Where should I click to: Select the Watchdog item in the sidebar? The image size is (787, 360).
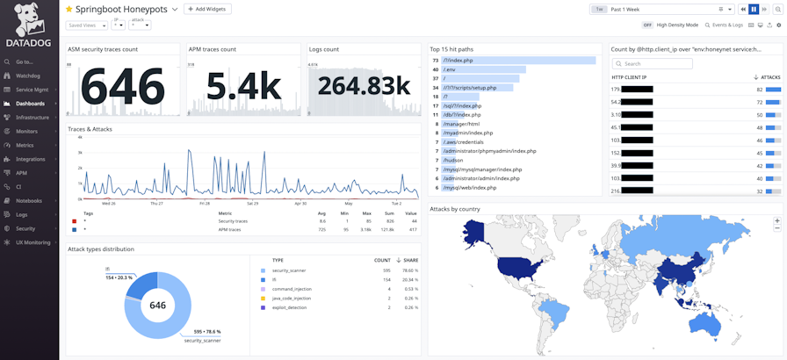pos(27,76)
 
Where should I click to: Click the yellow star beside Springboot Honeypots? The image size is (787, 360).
pos(69,9)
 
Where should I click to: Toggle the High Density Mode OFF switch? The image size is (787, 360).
pos(647,25)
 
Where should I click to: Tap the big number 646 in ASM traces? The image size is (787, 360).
pos(123,86)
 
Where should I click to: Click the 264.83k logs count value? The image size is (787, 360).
pos(364,86)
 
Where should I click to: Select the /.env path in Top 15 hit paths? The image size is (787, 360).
pos(451,68)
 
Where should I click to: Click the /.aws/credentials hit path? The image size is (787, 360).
pos(464,141)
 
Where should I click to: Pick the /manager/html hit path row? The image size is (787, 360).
pos(460,124)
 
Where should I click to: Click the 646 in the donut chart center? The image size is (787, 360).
pos(157,306)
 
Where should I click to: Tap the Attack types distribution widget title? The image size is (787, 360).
pos(101,249)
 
